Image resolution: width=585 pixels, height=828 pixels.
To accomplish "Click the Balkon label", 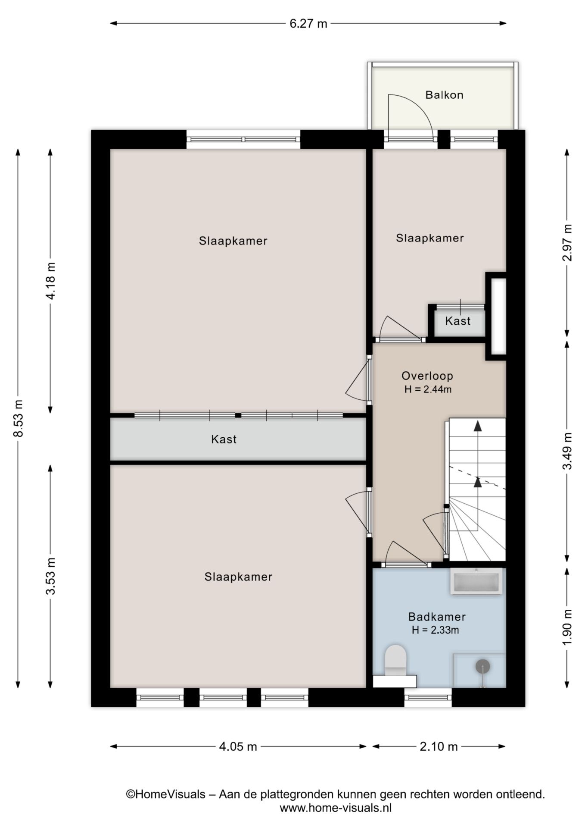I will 444,95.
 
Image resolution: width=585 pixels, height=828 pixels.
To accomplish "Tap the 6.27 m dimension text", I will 308,24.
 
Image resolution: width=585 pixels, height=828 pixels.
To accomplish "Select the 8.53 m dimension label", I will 18,418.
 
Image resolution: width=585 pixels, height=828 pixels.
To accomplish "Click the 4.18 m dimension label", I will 50,280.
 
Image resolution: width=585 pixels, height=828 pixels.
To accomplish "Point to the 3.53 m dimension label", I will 50,576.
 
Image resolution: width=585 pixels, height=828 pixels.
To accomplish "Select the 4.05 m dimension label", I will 238,746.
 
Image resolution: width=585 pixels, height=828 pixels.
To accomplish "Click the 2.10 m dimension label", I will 439,746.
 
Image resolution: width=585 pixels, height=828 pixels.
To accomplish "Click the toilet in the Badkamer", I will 395,659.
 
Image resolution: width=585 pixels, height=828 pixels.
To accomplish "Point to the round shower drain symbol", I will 482,666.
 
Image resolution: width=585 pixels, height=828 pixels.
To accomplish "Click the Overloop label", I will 427,376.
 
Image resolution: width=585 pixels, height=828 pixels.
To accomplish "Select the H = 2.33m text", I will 435,630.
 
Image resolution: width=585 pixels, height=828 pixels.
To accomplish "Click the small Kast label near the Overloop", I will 457,321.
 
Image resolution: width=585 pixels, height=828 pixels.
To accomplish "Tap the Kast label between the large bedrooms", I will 224,439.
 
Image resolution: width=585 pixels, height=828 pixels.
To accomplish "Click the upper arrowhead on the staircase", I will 477,426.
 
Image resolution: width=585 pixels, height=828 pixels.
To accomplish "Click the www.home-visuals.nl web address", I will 336,808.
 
